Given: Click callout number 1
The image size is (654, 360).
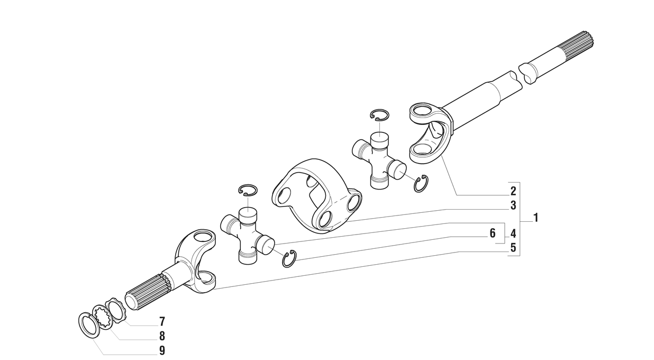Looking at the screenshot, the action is coord(535,218).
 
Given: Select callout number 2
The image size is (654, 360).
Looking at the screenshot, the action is coord(513,192).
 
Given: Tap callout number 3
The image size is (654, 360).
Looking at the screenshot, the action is coord(513,205).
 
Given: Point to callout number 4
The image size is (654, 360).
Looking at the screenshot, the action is coord(513,233).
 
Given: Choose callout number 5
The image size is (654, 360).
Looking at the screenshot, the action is coord(513,248).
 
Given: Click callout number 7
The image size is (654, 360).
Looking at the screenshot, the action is coord(162,322).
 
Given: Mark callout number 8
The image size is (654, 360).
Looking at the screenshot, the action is coord(162,336).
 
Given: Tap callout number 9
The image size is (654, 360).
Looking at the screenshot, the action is coord(162,350).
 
